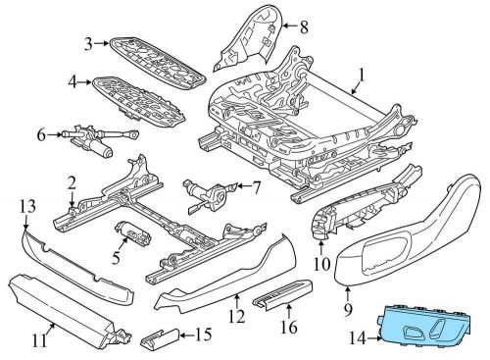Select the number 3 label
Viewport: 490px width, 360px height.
(x=87, y=42)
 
